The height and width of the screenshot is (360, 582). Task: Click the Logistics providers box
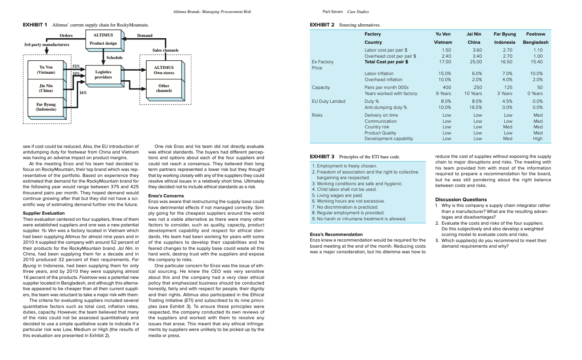(x=103, y=75)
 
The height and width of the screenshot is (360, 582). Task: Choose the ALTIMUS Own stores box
(x=164, y=70)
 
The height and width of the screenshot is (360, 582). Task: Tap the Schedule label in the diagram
(x=115, y=58)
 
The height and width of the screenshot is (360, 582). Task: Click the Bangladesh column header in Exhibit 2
(x=535, y=43)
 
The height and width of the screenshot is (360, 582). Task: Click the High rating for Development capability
(x=538, y=139)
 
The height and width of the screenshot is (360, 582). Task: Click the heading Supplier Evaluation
(x=43, y=213)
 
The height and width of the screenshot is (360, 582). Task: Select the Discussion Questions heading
(x=460, y=200)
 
